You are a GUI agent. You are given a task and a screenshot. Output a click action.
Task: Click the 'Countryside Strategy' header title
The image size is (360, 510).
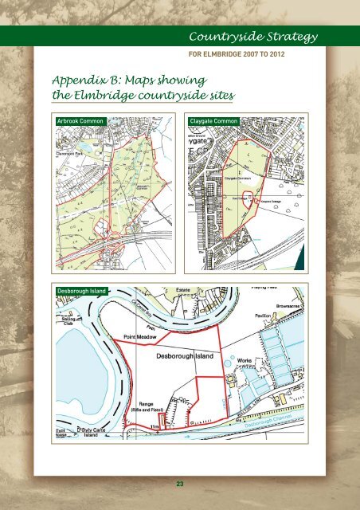(x=253, y=37)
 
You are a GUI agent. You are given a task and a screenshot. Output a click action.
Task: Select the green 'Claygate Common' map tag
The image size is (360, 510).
(x=214, y=120)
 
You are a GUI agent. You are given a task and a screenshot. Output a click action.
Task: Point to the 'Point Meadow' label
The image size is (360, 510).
(x=141, y=339)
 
